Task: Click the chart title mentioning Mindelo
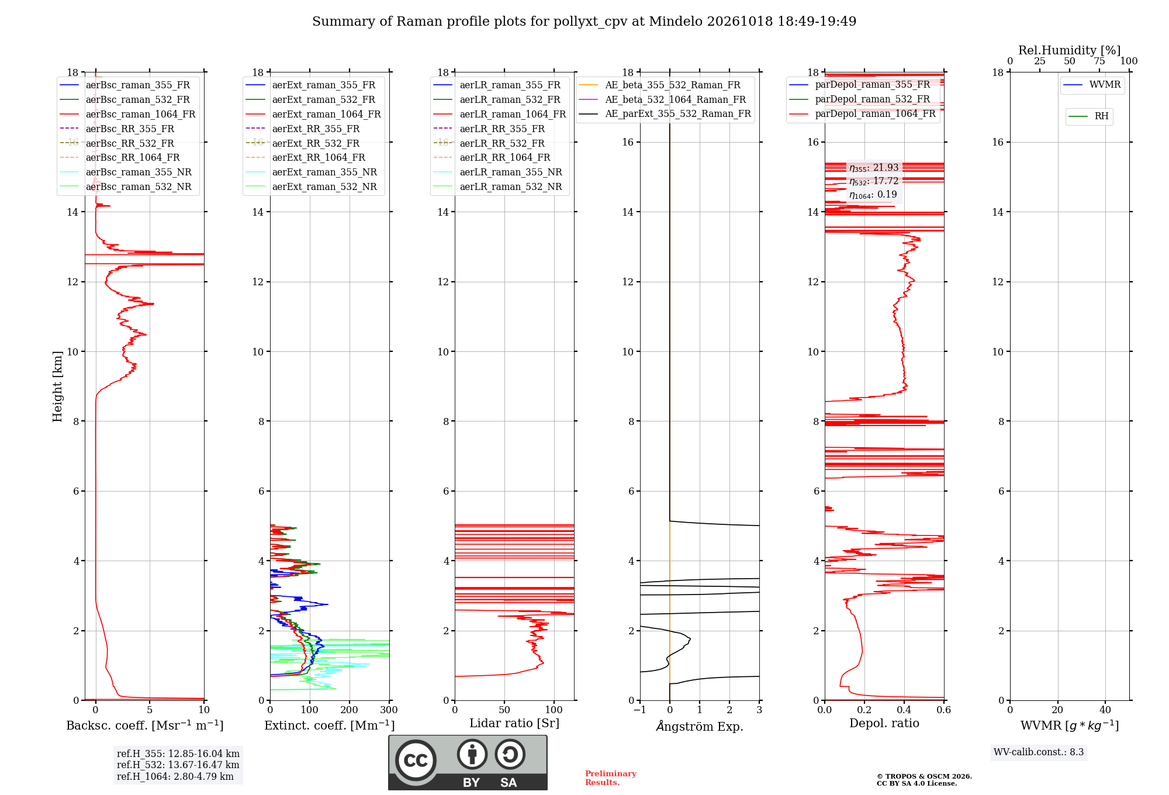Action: coord(584,22)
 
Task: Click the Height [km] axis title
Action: coord(57,386)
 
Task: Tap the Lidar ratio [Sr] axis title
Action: coord(514,723)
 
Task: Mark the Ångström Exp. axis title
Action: coord(700,726)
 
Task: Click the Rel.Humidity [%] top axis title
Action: coord(1069,50)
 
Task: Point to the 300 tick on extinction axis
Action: coord(389,710)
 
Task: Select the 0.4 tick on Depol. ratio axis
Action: coord(904,710)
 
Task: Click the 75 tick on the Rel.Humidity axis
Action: coord(1099,61)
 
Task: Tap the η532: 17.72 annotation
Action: coord(874,181)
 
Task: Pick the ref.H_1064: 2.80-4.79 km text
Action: coord(175,776)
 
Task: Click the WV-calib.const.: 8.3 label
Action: coord(1039,752)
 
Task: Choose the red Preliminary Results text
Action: coord(611,778)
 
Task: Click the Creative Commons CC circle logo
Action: coord(416,760)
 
